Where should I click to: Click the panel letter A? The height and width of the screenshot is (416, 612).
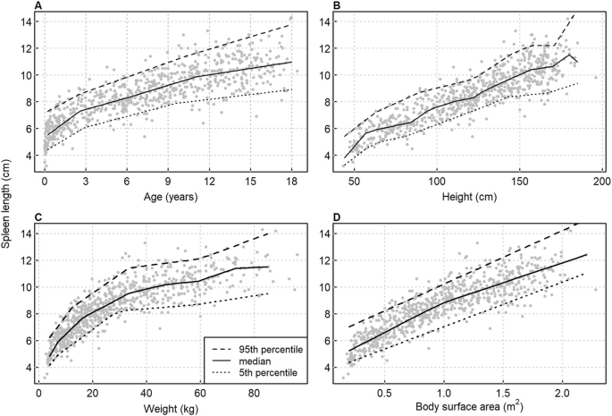point(38,6)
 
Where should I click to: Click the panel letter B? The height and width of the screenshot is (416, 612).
point(336,6)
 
